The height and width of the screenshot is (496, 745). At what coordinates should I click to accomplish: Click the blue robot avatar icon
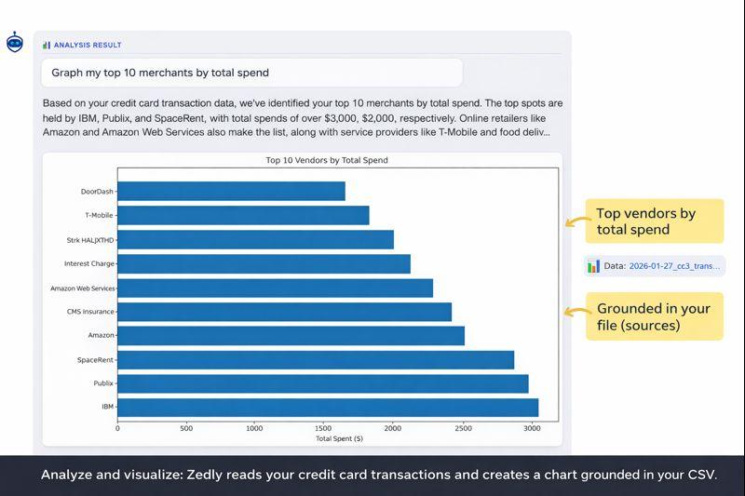[15, 42]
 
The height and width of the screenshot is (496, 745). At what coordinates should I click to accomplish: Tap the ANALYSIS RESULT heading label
[87, 45]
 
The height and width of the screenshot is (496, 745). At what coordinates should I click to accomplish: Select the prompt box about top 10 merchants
[251, 73]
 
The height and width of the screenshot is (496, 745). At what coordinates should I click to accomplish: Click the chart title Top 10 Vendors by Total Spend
[327, 160]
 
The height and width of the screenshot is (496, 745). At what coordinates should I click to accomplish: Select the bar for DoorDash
[231, 191]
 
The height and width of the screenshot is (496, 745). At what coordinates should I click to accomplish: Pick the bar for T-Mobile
[243, 215]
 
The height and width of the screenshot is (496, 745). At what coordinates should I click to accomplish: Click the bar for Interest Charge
[264, 263]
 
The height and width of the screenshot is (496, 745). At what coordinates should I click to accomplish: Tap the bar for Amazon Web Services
[275, 288]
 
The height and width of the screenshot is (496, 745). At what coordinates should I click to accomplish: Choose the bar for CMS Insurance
[284, 312]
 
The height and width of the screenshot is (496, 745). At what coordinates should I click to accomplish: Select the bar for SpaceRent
[316, 359]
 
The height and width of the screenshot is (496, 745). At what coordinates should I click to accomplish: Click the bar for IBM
[328, 408]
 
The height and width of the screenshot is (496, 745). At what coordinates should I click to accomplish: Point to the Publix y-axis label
[103, 383]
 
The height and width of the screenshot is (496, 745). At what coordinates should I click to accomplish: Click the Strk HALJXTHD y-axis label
[90, 240]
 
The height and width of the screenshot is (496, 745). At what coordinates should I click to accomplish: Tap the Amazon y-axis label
[101, 335]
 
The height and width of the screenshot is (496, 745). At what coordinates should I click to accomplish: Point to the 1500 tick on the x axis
[324, 428]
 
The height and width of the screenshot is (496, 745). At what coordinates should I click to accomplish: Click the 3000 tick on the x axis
[531, 428]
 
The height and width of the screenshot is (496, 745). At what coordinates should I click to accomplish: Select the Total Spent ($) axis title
[339, 438]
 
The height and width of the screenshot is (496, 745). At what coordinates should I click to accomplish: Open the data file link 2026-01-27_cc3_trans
[674, 266]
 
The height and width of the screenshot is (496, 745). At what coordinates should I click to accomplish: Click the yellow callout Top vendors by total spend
[654, 221]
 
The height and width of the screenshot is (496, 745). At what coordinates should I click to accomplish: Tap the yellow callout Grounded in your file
[654, 316]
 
